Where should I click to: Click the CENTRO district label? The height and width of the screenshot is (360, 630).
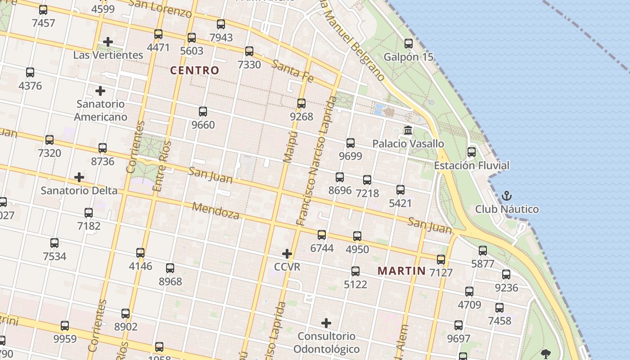pos(194,70)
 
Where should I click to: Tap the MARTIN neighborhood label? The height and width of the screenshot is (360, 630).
pos(401,270)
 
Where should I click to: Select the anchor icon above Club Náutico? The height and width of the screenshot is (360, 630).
pos(507,196)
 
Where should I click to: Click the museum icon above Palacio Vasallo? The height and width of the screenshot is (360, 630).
pos(408,130)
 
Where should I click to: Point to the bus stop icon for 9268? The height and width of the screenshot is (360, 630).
pos(301,103)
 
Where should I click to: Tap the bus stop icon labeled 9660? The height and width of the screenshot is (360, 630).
pos(203,111)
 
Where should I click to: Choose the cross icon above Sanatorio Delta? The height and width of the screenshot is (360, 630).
pos(79,177)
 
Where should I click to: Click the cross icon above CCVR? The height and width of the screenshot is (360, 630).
pos(287,254)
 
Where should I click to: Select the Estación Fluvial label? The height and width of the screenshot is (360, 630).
pos(471,166)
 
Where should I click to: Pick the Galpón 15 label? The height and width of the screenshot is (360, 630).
pos(408,57)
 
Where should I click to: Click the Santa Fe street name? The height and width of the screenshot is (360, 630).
pos(293,72)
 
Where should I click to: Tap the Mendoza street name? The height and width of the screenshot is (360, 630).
pos(216,210)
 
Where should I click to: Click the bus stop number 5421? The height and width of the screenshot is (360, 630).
pos(400,203)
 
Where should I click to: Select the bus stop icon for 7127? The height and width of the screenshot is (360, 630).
pos(441,260)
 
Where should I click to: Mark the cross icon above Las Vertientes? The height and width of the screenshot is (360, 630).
pos(108,42)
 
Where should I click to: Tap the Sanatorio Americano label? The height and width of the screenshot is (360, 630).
pos(100,110)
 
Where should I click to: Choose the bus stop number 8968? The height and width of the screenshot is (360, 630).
pos(170,282)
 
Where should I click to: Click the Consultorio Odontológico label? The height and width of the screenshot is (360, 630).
pos(326,342)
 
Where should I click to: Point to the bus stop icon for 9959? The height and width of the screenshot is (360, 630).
pos(65,326)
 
